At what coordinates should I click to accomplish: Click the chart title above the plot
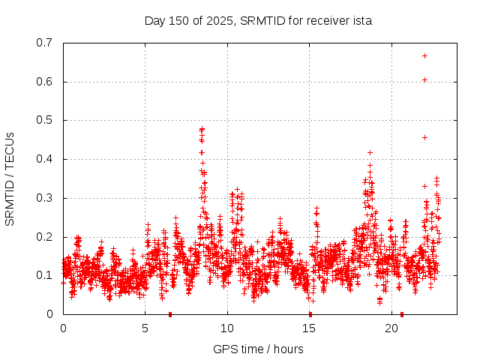[258, 21]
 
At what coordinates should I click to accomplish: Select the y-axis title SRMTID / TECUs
[10, 178]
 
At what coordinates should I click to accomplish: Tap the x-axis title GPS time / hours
[258, 349]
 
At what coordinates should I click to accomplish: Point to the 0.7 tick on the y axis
[44, 43]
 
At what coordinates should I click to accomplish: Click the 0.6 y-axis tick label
[44, 82]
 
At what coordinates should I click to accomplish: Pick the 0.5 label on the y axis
[44, 120]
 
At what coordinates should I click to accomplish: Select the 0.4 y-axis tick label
[44, 159]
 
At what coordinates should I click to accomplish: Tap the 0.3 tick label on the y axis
[44, 198]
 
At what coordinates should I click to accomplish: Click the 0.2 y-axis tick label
[44, 237]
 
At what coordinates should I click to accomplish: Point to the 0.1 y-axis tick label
[44, 275]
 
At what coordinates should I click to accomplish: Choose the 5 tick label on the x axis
[145, 328]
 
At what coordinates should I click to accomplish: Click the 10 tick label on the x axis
[227, 328]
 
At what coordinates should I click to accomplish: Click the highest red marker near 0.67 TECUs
[424, 55]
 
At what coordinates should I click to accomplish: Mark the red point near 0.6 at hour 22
[424, 79]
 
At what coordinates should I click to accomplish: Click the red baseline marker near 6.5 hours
[170, 313]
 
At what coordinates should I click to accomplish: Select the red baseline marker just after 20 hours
[402, 313]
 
